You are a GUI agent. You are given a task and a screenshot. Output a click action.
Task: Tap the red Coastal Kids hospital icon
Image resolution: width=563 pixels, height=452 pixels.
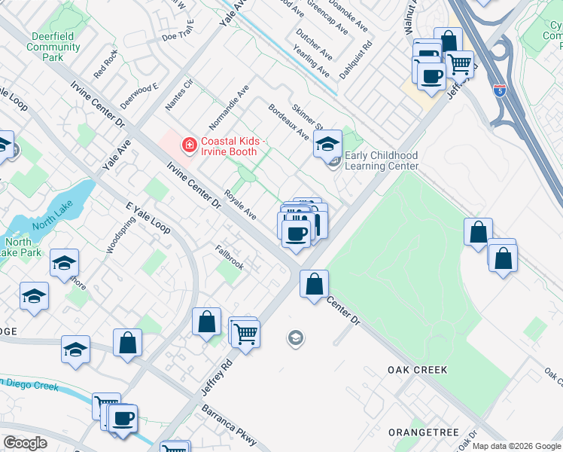(x=189, y=143)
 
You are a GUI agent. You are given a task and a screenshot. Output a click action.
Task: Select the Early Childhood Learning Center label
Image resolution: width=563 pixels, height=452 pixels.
(x=381, y=160)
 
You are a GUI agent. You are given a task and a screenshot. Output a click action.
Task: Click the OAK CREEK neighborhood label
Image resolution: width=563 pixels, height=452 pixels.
(x=417, y=370)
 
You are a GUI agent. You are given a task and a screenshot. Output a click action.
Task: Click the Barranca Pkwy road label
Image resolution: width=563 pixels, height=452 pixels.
(x=229, y=427)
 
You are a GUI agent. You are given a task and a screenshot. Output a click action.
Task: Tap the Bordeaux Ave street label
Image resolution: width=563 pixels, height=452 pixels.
(x=289, y=122)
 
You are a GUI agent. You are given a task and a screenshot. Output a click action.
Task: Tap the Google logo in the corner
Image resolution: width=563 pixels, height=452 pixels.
(x=26, y=443)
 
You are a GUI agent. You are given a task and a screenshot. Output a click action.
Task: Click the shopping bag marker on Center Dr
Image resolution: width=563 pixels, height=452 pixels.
(x=314, y=285)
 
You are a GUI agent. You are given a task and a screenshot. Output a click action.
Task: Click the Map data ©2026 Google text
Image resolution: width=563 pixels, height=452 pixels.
(x=516, y=446)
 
